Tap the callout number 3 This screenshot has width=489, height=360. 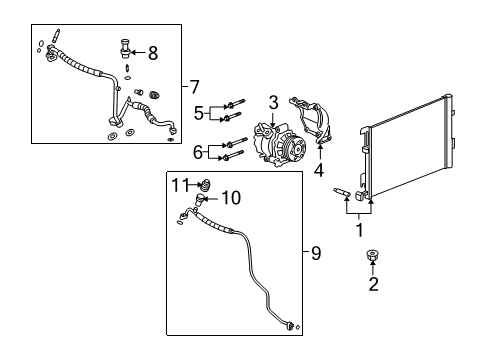pos(272,102)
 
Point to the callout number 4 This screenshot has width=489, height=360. pos(320,169)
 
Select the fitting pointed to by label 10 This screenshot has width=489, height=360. pos(201,200)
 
